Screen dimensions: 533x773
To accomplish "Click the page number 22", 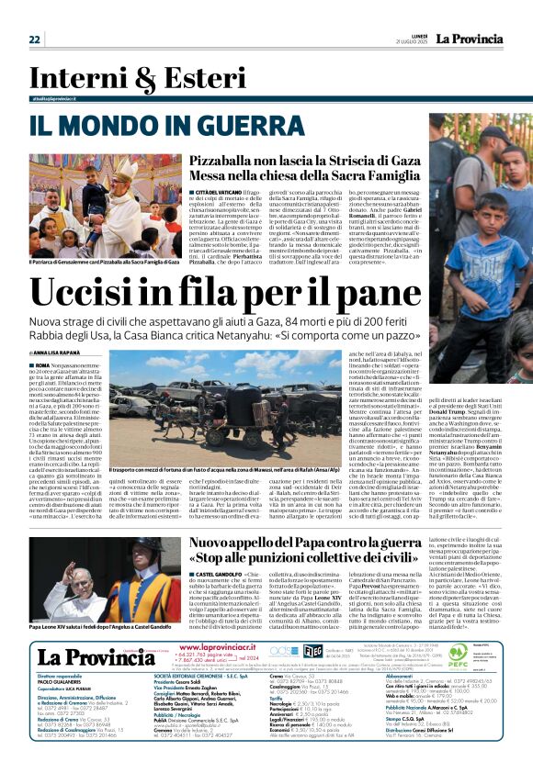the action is click(34, 39).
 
